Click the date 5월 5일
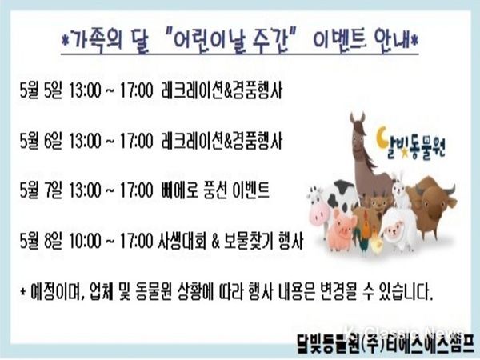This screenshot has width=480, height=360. (41, 90)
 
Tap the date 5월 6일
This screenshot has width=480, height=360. (41, 141)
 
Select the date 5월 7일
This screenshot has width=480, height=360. (41, 190)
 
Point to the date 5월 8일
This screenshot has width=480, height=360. (41, 241)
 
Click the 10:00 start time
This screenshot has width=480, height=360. (85, 241)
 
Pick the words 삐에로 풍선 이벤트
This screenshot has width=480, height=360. (215, 190)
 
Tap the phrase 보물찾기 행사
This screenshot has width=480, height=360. (263, 241)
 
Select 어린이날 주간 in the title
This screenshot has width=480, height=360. (232, 40)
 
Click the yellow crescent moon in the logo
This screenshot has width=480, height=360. (382, 138)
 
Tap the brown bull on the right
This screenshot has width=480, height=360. (433, 203)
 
